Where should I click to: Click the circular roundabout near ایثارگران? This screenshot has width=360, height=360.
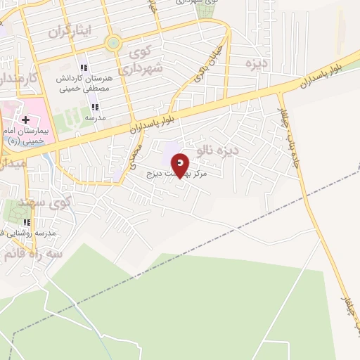(x=113, y=44)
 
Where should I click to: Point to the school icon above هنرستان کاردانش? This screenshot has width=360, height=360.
(x=84, y=68)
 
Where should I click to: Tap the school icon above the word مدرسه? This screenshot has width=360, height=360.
(x=94, y=108)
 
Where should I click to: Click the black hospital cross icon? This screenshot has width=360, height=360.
(x=26, y=120)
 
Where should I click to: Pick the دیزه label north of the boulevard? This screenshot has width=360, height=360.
(x=257, y=64)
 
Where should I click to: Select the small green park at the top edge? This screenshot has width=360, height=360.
(x=204, y=10)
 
